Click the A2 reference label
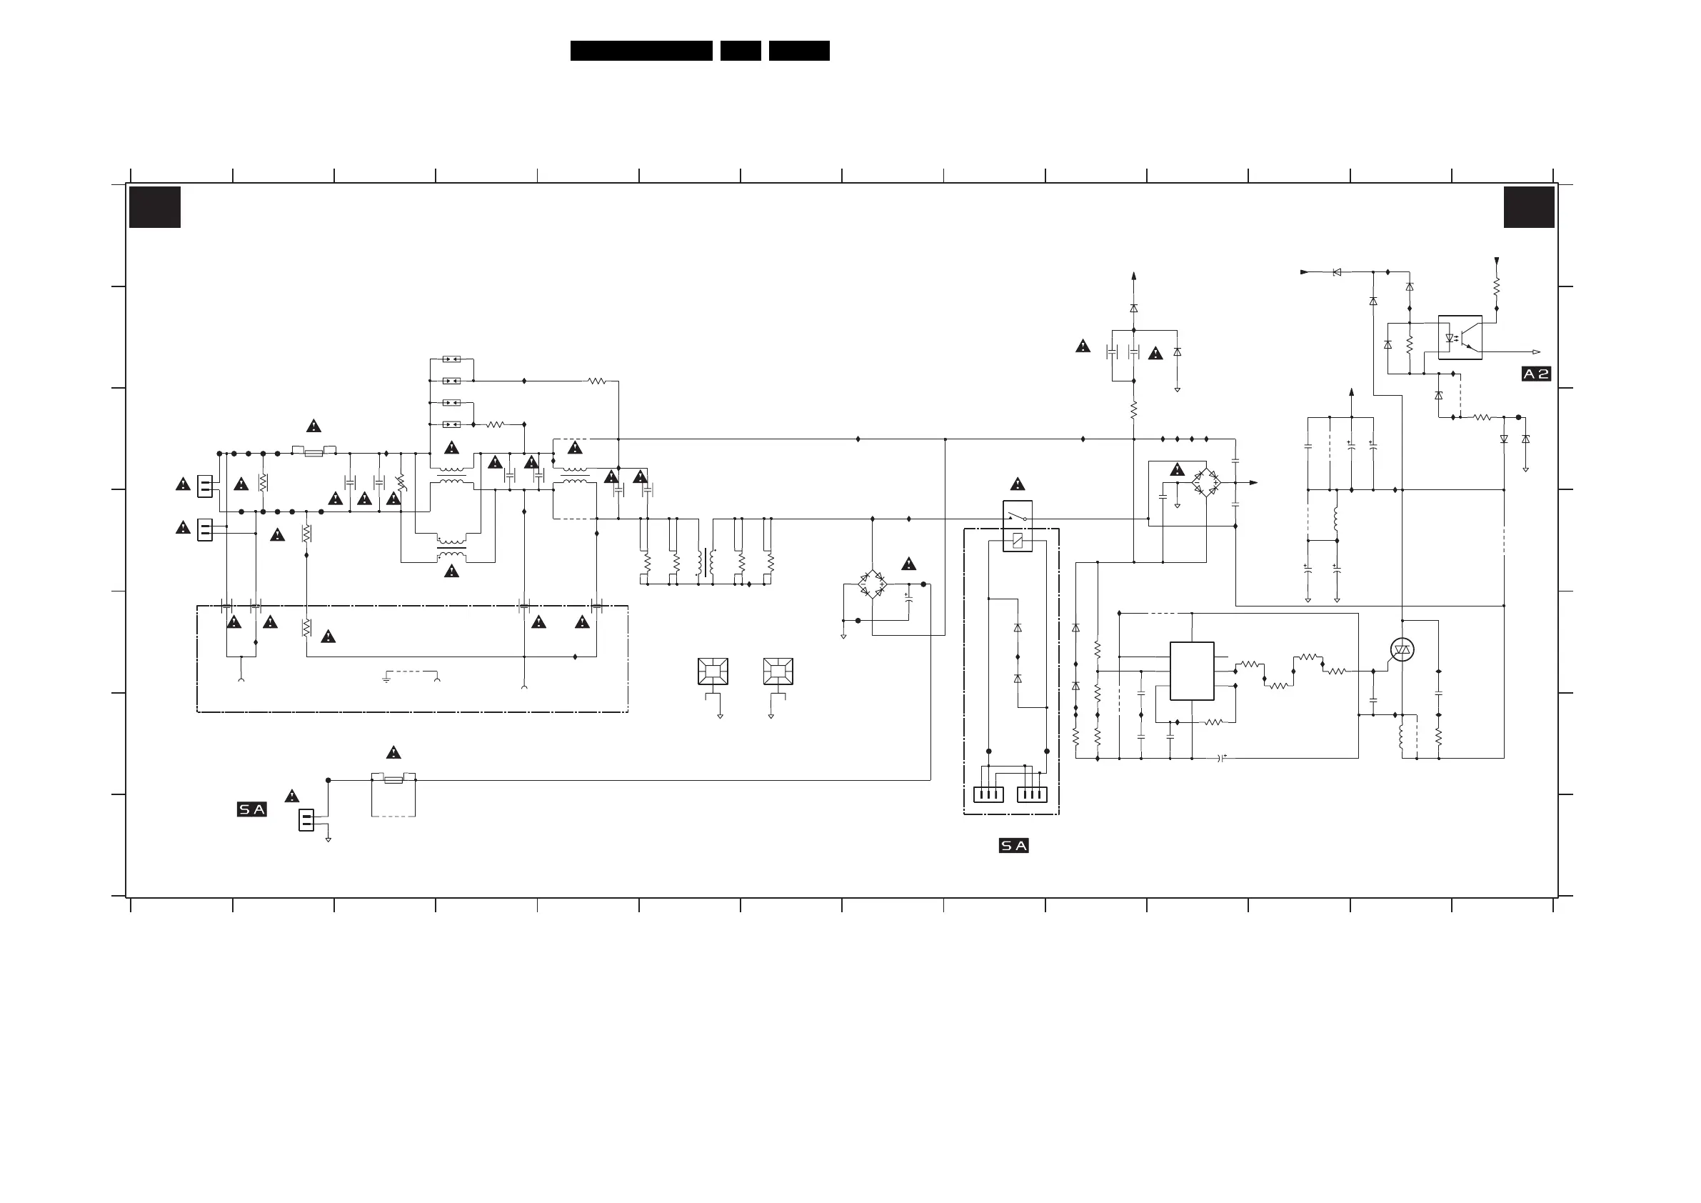pos(1536,374)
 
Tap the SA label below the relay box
pos(1013,846)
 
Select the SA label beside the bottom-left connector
pos(252,809)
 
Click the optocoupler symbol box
pos(1460,338)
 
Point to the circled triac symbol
pos(1402,650)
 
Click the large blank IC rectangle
pos(1191,671)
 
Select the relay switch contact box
pos(1017,526)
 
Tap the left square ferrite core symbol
pos(713,672)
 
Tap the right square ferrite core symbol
pos(778,672)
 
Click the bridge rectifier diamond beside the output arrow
pos(1206,482)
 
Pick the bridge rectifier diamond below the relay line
pos(872,584)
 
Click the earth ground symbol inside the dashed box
pos(386,678)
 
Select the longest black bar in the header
pos(641,51)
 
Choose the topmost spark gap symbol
pos(451,359)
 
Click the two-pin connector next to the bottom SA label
pos(306,821)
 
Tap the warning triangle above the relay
pos(1017,485)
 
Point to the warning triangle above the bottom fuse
pos(393,753)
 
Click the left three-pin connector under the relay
pos(988,794)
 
